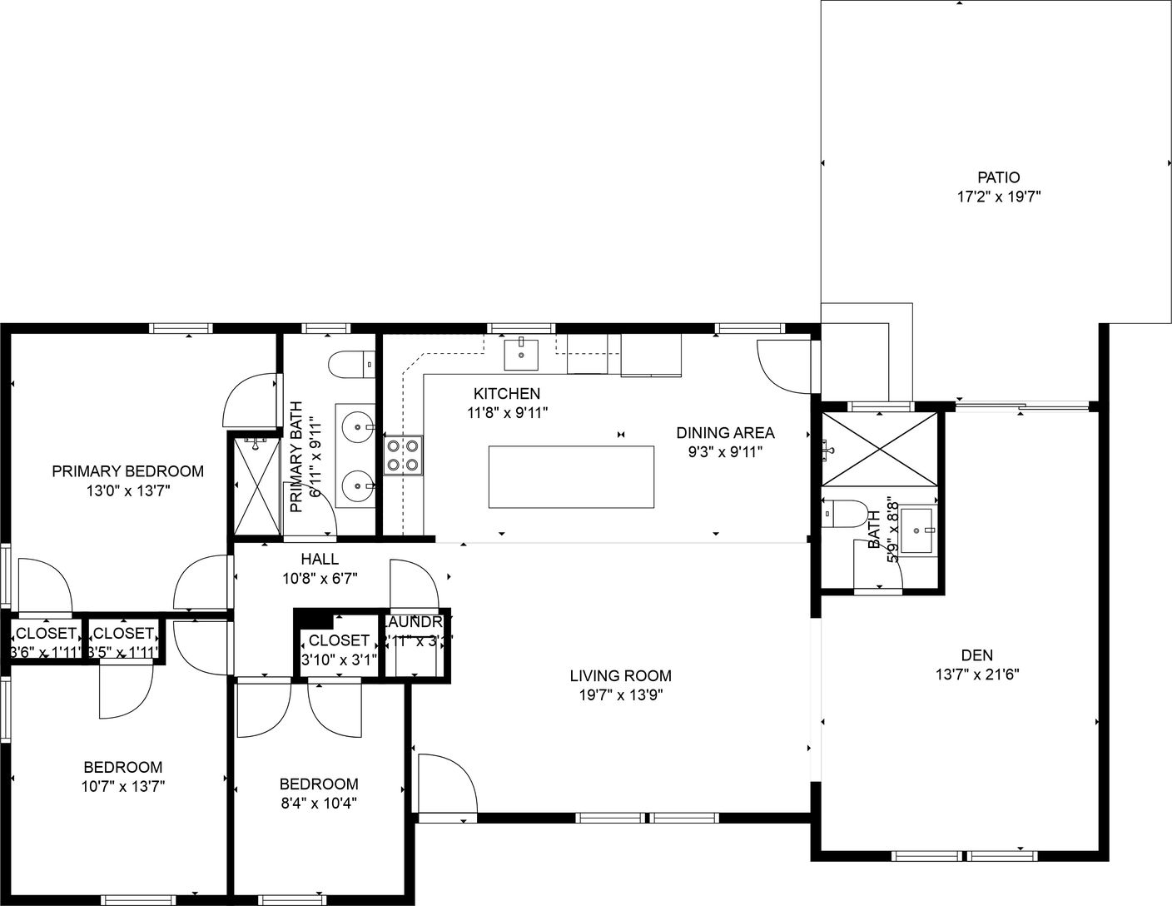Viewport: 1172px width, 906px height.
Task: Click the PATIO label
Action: coord(998,177)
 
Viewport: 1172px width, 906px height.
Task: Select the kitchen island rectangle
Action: coord(571,476)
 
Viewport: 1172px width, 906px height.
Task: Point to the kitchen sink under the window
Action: coord(521,354)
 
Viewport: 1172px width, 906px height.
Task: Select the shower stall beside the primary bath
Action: coord(255,486)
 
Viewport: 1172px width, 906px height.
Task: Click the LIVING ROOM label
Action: coord(620,675)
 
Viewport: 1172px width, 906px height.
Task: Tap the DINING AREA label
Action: coord(725,433)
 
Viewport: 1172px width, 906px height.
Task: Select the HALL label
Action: coord(320,560)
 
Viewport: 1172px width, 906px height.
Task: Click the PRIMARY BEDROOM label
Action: coord(127,471)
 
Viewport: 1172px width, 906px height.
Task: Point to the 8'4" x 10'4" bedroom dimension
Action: coord(319,804)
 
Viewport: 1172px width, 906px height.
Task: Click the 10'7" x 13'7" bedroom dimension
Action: coord(123,785)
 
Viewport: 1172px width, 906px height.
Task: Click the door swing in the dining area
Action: coord(782,365)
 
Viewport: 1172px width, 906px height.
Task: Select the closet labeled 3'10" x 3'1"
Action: coord(339,650)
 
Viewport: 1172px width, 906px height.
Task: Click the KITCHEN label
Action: coord(506,393)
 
